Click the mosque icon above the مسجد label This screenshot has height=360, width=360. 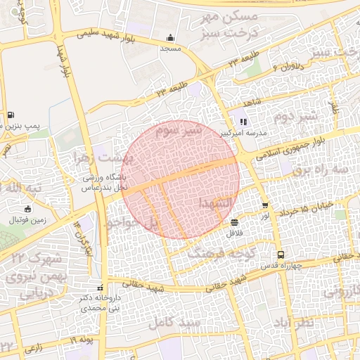[169, 38]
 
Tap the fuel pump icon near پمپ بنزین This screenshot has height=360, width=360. [11, 115]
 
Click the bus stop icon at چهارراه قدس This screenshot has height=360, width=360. [281, 255]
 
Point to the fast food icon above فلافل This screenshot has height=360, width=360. [233, 224]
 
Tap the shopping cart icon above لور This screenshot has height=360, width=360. [265, 205]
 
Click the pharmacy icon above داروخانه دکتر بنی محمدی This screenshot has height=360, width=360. [101, 288]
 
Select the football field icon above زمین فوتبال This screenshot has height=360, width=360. [27, 209]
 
